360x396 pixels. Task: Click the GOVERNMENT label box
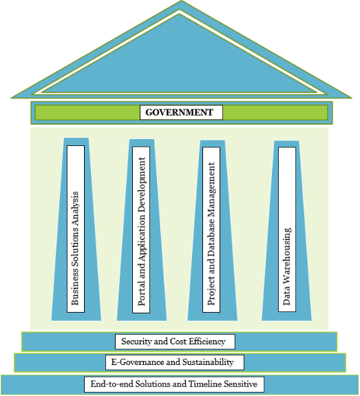180,112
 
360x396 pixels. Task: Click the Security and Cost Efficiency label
178,341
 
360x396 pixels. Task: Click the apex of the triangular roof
180,3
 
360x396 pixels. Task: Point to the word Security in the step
136,341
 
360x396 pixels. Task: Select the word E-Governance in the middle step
136,362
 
